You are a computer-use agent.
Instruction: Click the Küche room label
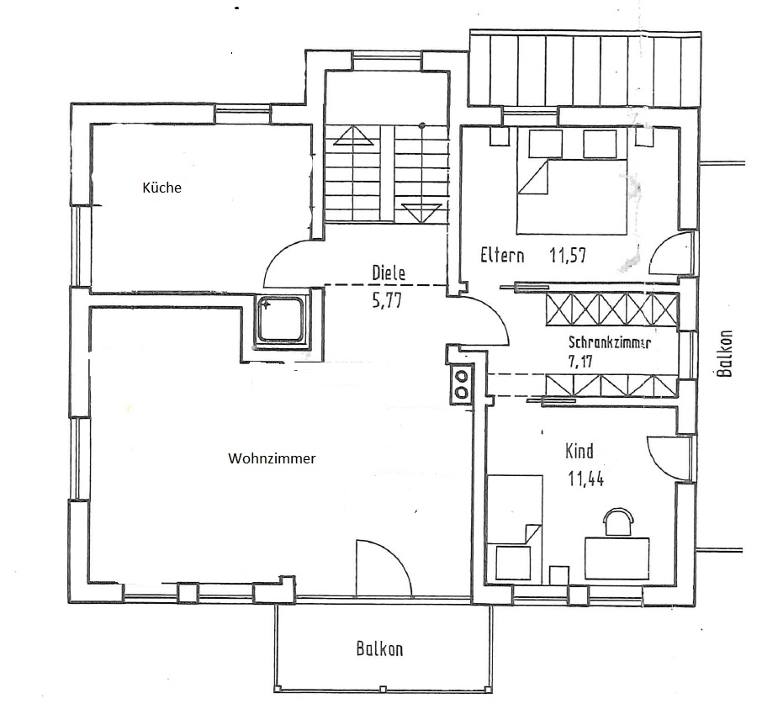[x=161, y=188]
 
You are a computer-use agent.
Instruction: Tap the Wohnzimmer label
[x=272, y=459]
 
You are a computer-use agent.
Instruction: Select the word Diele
[x=389, y=273]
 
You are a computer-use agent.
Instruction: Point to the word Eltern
[x=503, y=256]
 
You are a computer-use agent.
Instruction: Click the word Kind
[x=579, y=452]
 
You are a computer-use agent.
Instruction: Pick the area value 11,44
[x=586, y=480]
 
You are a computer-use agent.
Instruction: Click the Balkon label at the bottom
[x=379, y=649]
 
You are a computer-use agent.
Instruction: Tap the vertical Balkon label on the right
[x=727, y=352]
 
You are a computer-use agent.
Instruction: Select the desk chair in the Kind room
[x=619, y=521]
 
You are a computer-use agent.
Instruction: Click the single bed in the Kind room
[x=514, y=526]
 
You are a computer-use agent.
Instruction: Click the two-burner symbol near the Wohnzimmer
[x=461, y=384]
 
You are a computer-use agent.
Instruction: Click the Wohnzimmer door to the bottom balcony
[x=383, y=568]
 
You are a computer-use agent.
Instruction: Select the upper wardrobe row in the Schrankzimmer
[x=611, y=309]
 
